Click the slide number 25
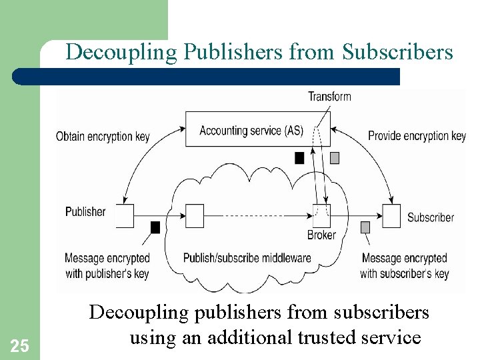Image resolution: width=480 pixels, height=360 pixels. point(20,345)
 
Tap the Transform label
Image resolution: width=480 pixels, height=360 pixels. point(329,97)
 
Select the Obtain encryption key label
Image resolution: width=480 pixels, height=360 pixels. point(103,137)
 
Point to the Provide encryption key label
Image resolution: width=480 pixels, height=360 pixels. point(417,136)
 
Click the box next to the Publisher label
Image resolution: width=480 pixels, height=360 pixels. point(125,215)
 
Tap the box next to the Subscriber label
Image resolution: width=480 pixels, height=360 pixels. point(391,215)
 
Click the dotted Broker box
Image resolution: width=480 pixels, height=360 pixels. point(321,215)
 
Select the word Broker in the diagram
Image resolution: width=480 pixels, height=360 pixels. point(321,235)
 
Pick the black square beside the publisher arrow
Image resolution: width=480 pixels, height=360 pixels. point(155,227)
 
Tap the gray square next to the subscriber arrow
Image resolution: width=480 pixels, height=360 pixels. point(365,227)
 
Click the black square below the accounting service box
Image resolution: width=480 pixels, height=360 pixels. point(299,158)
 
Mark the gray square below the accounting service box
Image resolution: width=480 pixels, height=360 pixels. point(335,158)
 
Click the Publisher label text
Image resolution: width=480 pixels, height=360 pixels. point(85,212)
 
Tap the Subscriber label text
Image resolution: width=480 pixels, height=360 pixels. point(431,217)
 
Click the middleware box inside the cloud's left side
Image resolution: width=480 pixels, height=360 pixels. point(195,215)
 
